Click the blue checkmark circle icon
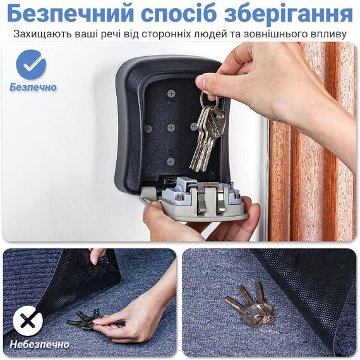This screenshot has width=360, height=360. point(31,64)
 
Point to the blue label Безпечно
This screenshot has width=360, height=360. point(33,87)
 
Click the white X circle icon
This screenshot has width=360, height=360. point(28,320)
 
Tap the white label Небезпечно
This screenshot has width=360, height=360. point(39,344)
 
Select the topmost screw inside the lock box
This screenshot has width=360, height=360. point(171,93)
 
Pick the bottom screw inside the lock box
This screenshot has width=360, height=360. point(171,162)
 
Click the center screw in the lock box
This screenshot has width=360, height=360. point(171,128)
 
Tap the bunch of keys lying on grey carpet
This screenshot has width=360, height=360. point(251,304)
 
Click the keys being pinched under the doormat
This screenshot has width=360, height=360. point(84,320)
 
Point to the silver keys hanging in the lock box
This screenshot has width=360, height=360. point(206,138)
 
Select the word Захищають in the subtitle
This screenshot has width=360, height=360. point(42,35)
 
